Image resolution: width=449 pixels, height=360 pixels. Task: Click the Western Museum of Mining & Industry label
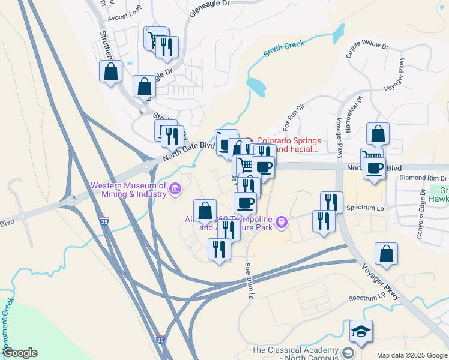click(x=128, y=190)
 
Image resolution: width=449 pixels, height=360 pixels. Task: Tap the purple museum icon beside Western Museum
click(x=175, y=190)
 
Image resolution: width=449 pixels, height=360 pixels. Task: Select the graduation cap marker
click(x=361, y=332)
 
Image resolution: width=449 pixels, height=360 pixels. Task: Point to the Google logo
click(x=20, y=353)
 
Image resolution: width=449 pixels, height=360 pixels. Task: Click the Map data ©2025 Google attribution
click(x=411, y=355)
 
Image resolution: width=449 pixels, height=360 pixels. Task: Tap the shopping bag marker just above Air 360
click(x=205, y=211)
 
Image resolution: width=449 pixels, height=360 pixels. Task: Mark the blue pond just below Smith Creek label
click(x=256, y=87)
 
